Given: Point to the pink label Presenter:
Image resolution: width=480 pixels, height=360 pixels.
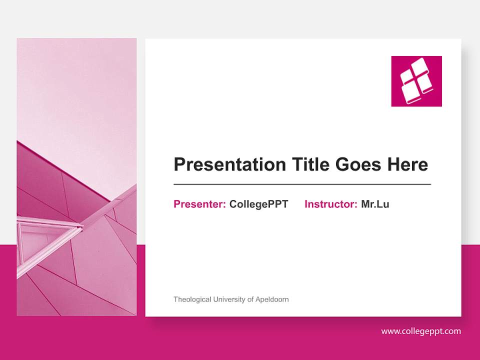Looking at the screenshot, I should [199, 204].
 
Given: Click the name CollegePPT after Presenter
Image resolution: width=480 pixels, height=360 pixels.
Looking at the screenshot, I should [258, 204].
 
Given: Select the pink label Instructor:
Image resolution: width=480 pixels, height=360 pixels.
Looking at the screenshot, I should [330, 204].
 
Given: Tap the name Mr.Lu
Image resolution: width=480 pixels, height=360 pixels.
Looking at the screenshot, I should [375, 204].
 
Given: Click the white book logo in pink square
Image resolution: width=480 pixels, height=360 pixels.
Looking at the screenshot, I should [416, 81].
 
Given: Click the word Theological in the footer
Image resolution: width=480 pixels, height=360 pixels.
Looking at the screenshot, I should [192, 299].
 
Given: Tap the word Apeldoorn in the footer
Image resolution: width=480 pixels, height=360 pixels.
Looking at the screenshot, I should [272, 299].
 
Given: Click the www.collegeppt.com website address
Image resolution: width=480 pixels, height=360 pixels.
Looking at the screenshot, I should [421, 331].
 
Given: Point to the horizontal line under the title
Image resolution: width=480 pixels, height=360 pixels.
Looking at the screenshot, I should [302, 184].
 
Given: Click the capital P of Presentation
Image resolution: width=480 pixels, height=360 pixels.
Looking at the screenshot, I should [178, 164].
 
